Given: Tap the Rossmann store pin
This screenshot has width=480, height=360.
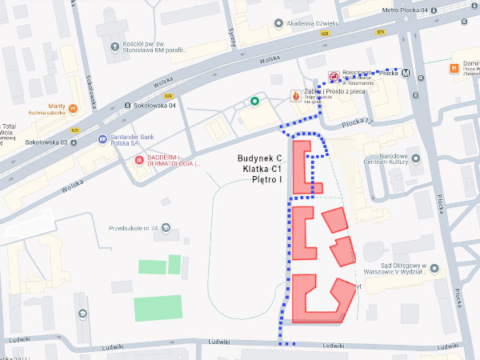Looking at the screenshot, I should tap(334, 78).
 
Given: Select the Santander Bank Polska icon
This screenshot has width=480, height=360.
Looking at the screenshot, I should tap(102, 140).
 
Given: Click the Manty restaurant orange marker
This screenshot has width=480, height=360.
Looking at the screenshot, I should tap(73, 106).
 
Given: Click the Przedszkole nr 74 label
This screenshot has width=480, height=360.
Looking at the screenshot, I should tap(128, 228).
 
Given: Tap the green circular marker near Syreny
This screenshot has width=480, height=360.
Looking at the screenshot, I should tap(254, 102).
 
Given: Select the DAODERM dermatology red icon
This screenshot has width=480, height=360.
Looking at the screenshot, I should tap(139, 160).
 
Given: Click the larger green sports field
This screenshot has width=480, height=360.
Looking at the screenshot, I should tap(158, 308).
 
